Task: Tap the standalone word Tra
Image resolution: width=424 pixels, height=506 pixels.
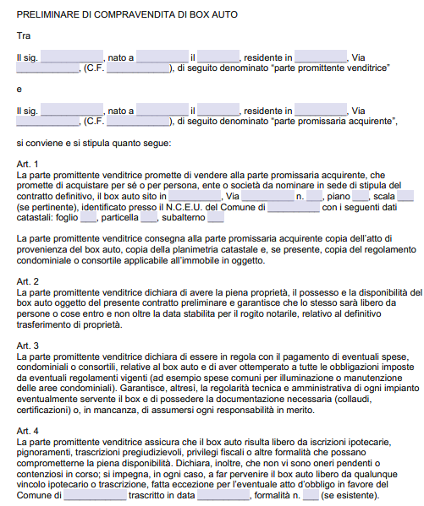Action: point(23,35)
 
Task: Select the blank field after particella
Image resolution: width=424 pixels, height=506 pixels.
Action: point(149,217)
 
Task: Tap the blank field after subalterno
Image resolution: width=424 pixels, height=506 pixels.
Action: point(215,217)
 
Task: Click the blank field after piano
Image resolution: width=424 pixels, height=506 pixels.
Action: point(361,196)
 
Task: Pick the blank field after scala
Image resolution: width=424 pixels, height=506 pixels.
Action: point(405,196)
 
